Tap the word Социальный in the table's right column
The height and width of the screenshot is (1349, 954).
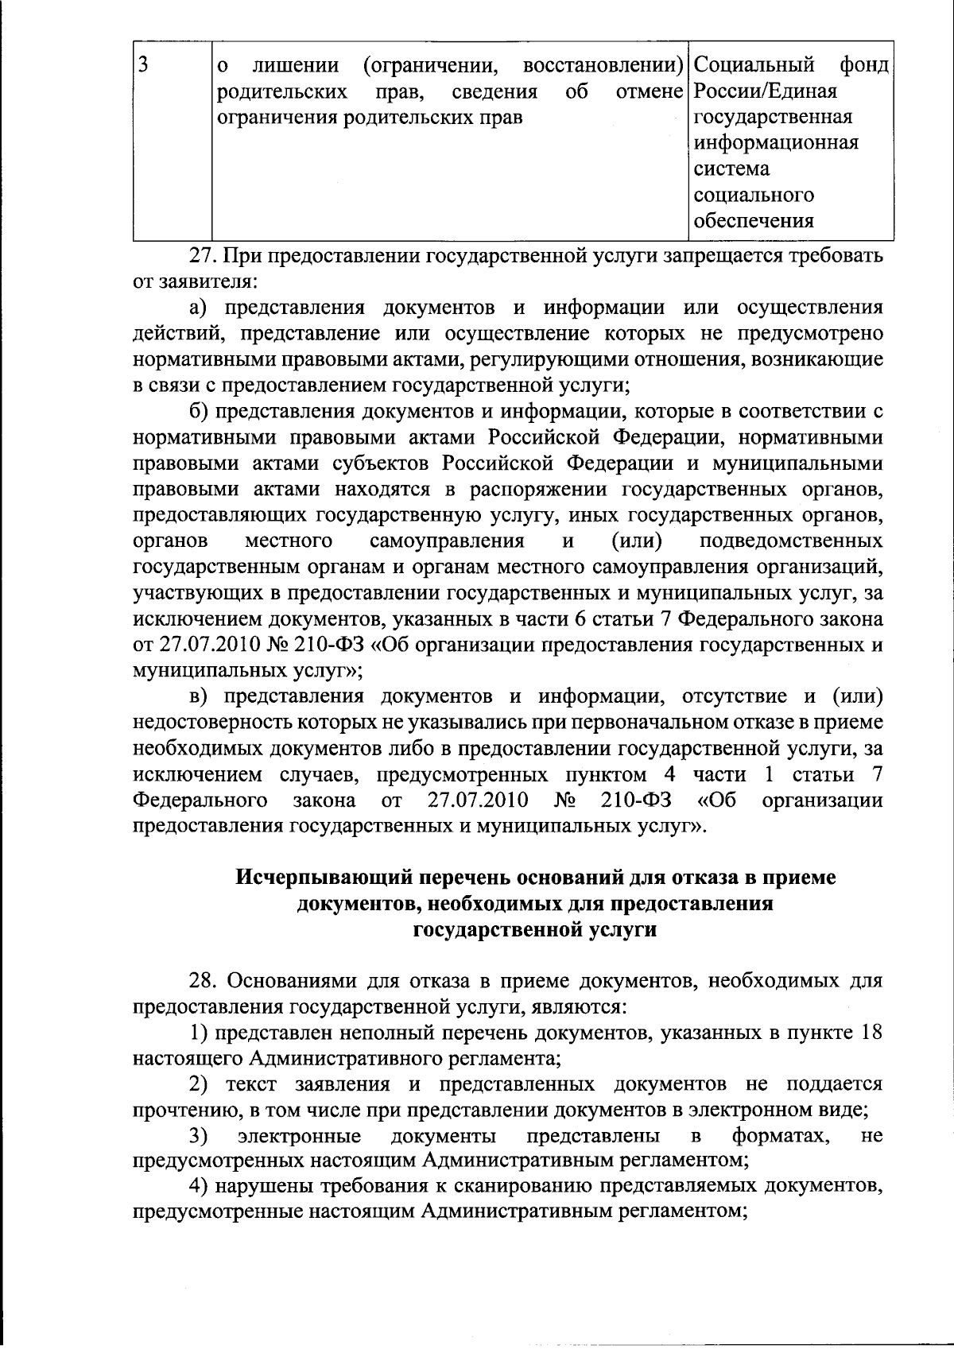coord(754,64)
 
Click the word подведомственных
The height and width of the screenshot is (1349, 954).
coord(791,541)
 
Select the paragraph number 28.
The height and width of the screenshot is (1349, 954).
coord(202,981)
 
